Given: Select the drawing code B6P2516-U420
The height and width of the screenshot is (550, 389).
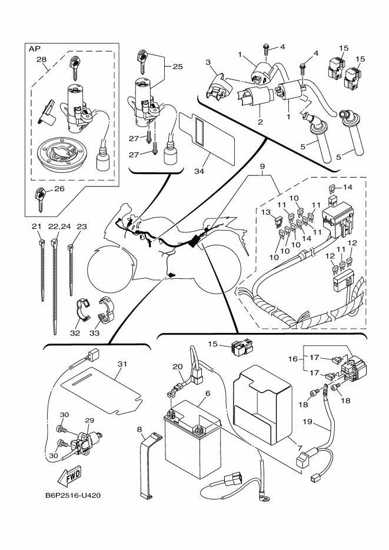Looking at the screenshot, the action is click(73, 495).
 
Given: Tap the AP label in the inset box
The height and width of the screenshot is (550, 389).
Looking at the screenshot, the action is click(34, 49).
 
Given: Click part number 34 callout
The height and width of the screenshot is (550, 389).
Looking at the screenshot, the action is click(200, 171).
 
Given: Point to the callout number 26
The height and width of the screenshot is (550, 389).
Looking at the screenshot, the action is click(59, 189).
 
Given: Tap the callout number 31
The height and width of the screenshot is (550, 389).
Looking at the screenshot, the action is click(122, 364).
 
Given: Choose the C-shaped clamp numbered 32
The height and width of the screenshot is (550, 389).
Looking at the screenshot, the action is click(83, 309).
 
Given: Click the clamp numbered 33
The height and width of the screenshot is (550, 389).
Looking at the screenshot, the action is click(105, 310).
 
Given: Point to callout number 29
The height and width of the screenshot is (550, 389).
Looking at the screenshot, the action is click(89, 420).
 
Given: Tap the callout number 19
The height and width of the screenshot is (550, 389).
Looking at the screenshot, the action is click(307, 421).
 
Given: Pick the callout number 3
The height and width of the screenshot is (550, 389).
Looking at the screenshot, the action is click(208, 62).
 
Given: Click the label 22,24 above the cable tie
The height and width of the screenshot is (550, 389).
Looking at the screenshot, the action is click(59, 226).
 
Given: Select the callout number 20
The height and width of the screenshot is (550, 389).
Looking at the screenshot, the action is click(178, 366).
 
